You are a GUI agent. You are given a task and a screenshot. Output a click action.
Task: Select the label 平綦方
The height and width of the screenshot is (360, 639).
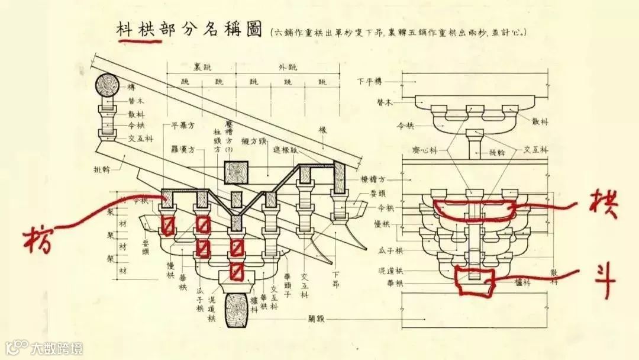(x=183, y=126)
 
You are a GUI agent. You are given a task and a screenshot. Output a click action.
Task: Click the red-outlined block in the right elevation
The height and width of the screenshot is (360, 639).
(x=474, y=281)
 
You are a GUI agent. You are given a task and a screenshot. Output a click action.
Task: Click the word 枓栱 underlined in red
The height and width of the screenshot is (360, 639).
(x=138, y=31)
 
